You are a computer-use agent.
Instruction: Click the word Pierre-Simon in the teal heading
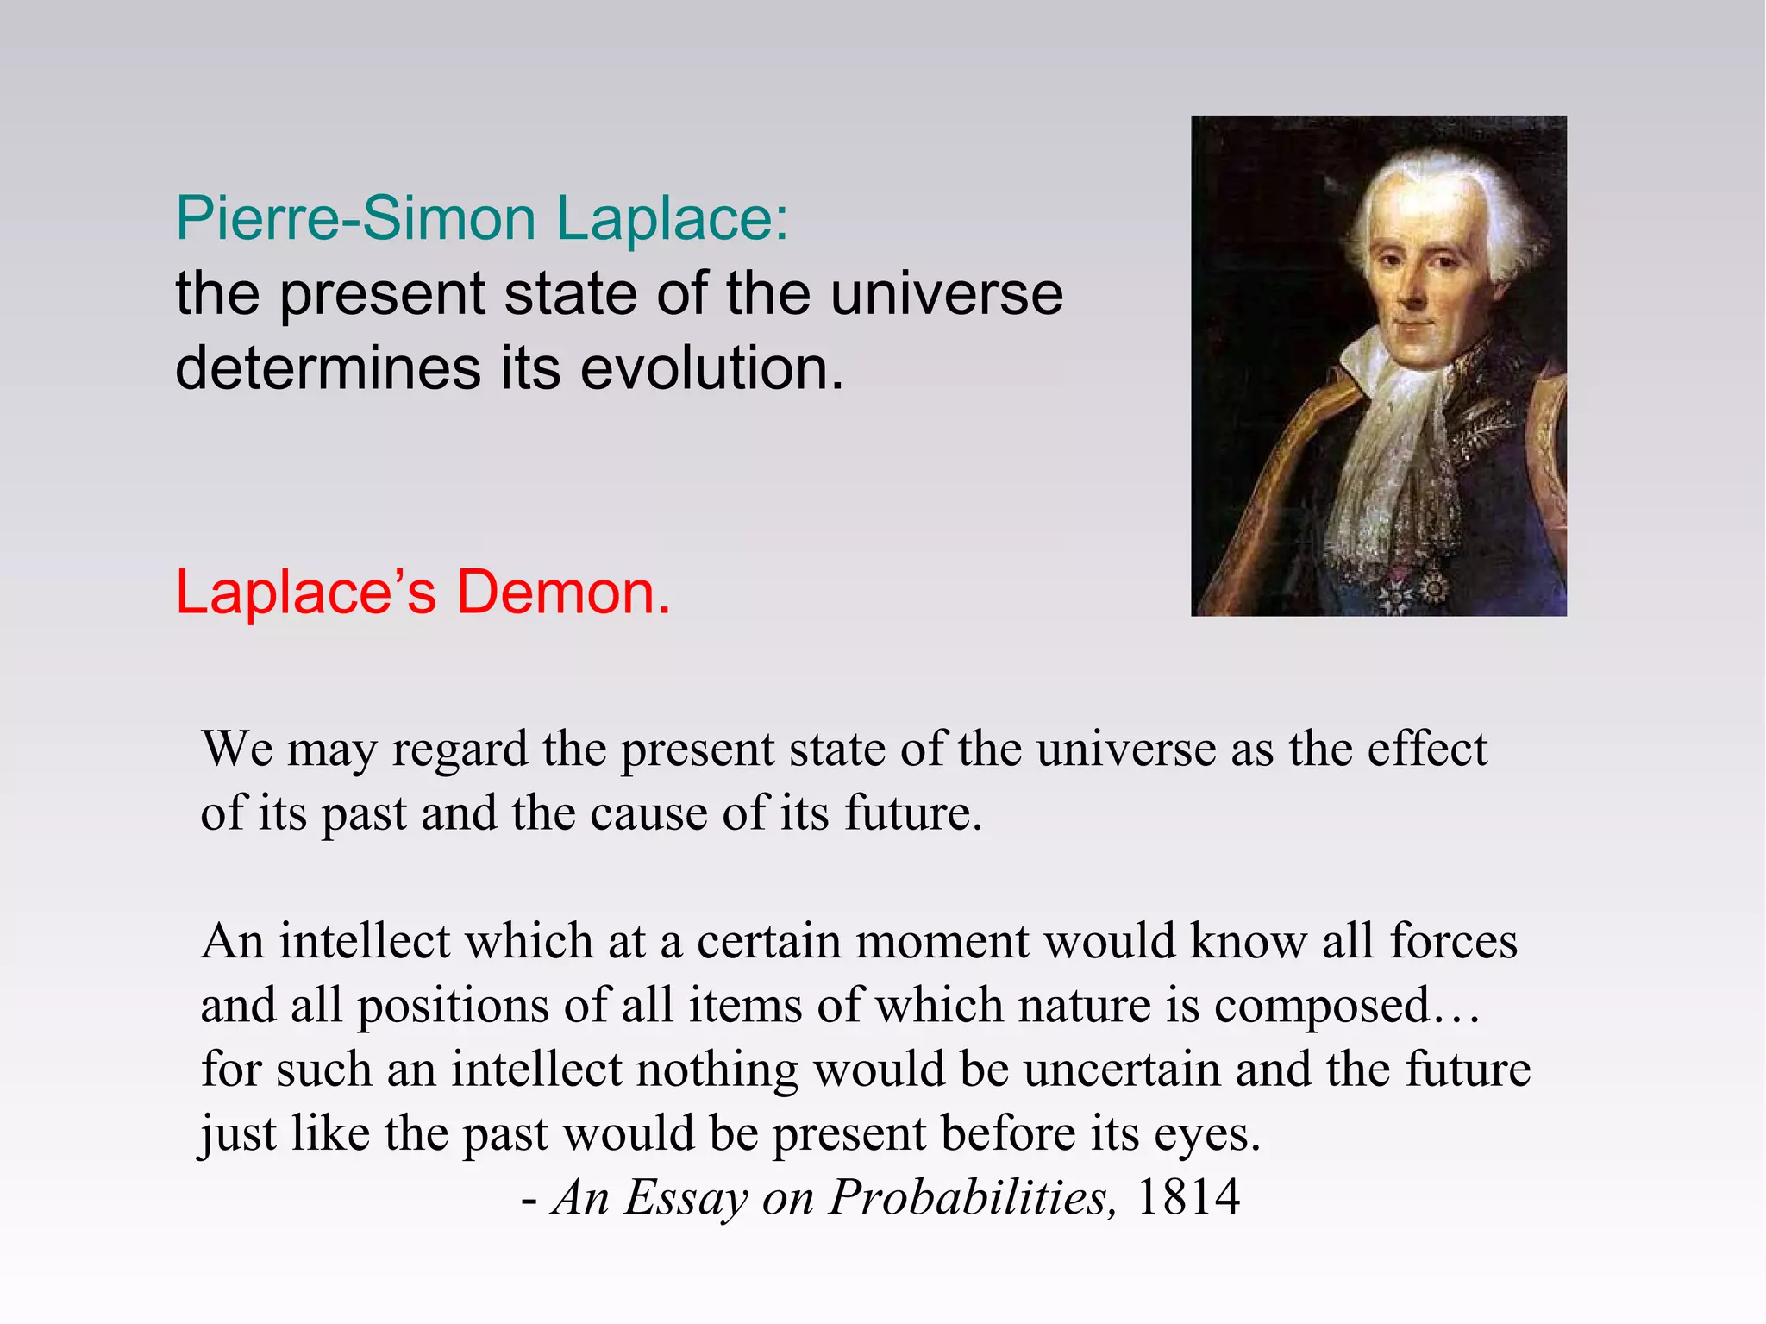click(355, 219)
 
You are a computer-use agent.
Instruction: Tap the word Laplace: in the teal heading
click(671, 219)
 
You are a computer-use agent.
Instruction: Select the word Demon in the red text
click(561, 593)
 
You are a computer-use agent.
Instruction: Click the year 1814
click(1187, 1197)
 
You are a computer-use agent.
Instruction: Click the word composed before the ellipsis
click(1322, 1007)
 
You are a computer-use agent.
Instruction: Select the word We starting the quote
click(237, 749)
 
